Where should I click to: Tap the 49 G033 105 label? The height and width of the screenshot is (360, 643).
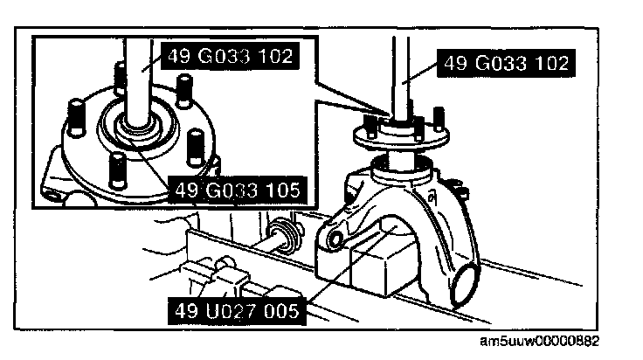(237, 188)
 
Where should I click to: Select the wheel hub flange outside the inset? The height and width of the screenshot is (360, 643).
(398, 139)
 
